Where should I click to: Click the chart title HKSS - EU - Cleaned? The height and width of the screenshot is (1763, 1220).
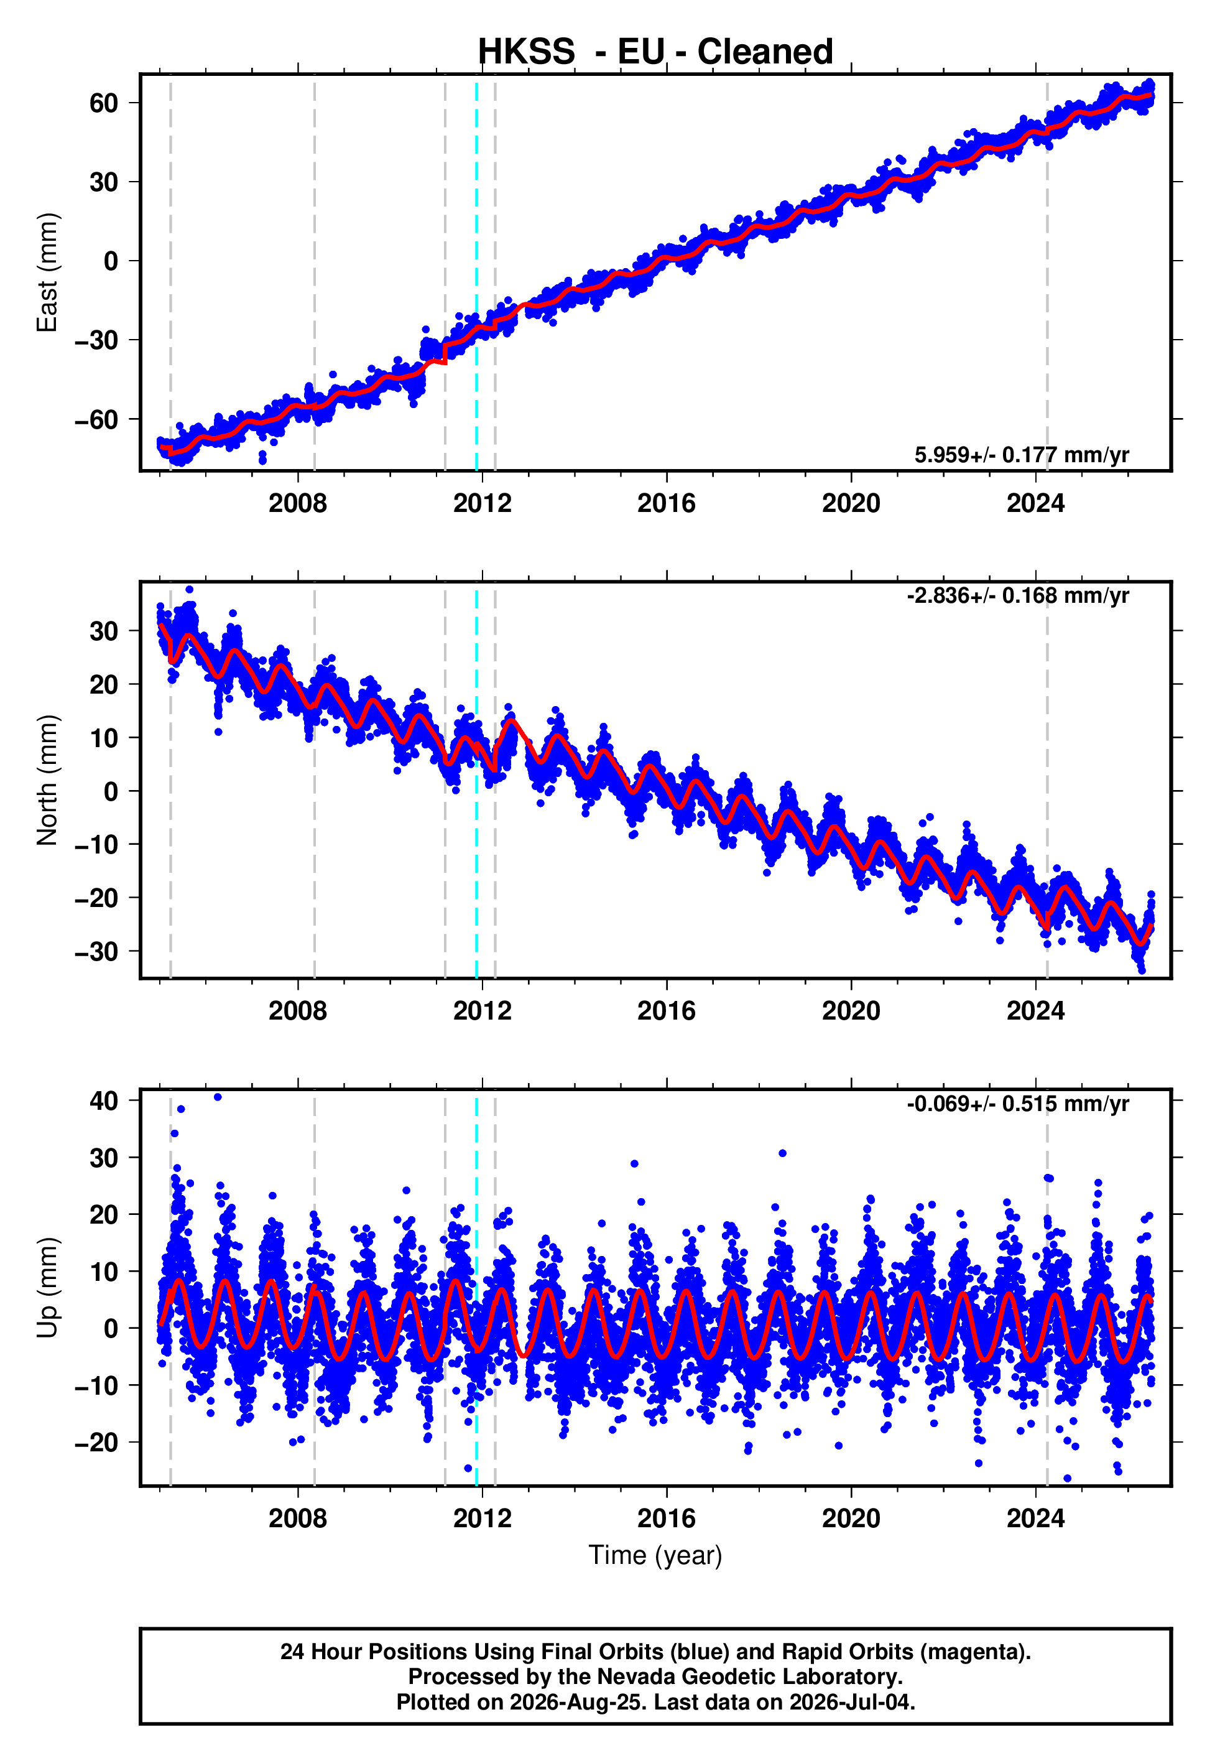coord(655,52)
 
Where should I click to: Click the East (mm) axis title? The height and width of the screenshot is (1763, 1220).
coord(47,272)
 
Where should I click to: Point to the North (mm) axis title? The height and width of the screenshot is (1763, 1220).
coord(47,780)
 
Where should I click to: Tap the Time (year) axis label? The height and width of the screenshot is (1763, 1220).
coord(655,1555)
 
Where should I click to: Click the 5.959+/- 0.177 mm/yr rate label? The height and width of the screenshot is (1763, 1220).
coord(1022,455)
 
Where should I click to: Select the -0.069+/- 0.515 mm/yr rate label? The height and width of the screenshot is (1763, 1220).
coord(1018,1104)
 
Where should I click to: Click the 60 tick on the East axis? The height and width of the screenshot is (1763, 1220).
coord(104,103)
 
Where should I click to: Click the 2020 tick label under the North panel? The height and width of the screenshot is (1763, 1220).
coord(851,1011)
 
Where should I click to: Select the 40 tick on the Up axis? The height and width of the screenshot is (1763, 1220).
coord(104,1101)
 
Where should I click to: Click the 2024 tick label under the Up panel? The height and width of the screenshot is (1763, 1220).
coord(1036,1519)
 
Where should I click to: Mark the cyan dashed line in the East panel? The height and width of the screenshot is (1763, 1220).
coord(476,272)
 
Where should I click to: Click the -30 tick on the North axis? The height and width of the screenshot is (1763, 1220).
coord(96,951)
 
